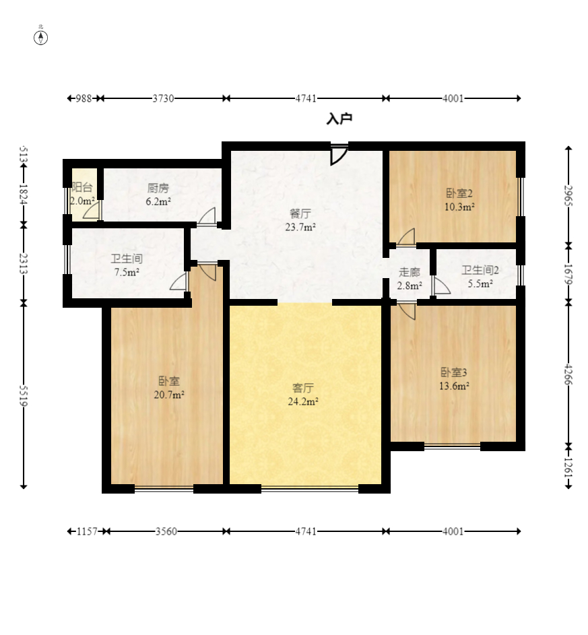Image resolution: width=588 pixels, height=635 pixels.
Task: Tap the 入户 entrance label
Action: coord(339,119)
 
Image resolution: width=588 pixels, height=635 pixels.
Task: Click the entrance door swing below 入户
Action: coord(339,154)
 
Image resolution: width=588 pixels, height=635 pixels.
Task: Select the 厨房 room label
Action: coord(158,188)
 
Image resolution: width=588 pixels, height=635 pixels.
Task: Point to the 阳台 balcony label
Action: coord(82,187)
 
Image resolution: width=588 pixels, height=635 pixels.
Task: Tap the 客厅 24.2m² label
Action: coord(303,395)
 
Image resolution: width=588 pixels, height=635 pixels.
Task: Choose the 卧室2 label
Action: coord(459,193)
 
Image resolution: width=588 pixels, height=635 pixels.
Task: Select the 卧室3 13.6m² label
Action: coord(454,379)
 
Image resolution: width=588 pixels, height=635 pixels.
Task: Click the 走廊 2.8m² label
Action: coord(410,279)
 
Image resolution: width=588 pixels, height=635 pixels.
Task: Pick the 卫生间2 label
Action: coord(480,270)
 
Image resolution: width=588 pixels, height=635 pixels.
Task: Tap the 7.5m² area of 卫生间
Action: coord(127,272)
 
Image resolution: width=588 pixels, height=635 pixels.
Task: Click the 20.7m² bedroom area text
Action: coord(169,395)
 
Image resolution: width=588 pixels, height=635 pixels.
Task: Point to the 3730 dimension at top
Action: coord(163,98)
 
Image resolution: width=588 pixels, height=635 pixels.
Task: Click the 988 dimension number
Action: coord(84,98)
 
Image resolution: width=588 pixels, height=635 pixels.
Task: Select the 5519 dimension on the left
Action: coord(24,396)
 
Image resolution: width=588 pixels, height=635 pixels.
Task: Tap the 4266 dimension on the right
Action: coord(568,374)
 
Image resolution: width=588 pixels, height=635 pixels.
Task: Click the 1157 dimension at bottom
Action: coord(87,531)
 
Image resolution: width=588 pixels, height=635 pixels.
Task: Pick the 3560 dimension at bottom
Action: coord(166,531)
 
